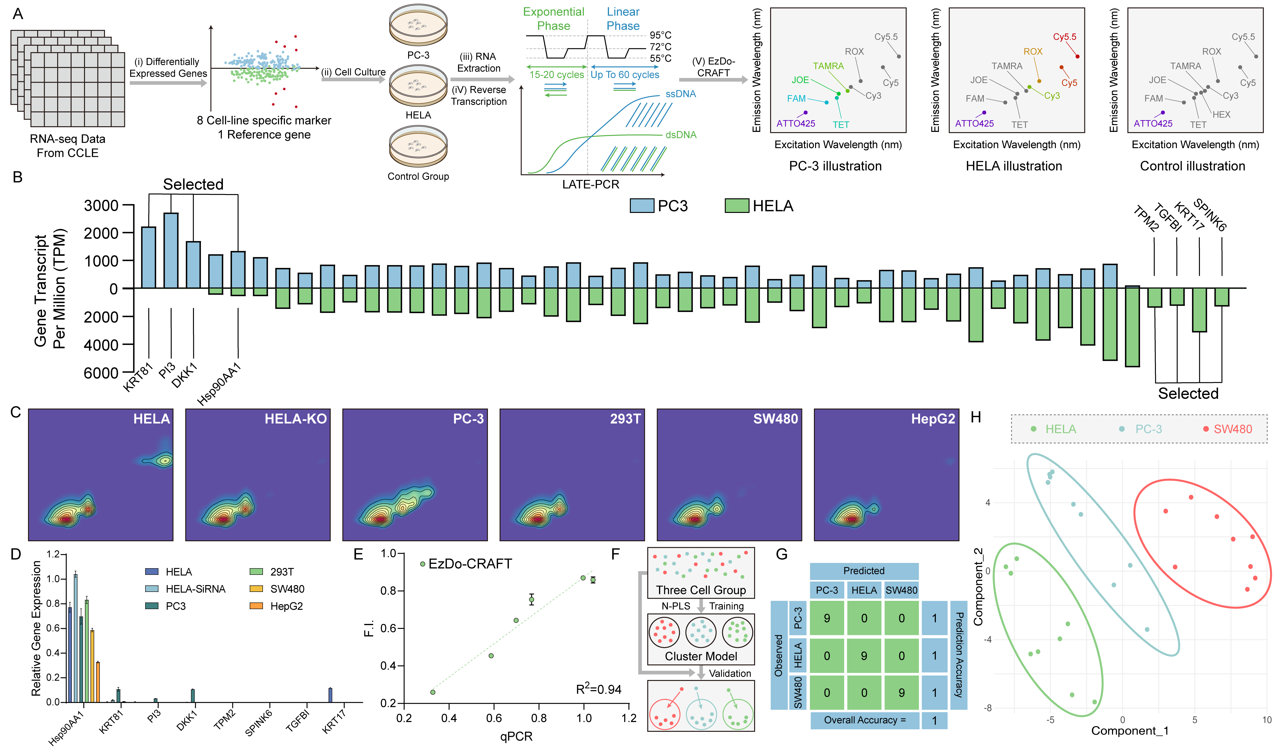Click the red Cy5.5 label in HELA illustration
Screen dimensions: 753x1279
1064,37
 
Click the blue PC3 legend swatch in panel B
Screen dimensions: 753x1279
642,206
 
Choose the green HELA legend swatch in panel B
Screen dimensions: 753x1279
736,206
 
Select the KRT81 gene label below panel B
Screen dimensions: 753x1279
137,377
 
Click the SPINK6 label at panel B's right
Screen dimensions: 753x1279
1210,215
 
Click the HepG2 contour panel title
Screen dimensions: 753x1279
933,419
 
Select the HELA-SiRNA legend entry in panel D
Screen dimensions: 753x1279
195,589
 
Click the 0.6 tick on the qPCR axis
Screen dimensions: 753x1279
494,718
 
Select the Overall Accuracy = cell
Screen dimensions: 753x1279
864,720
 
